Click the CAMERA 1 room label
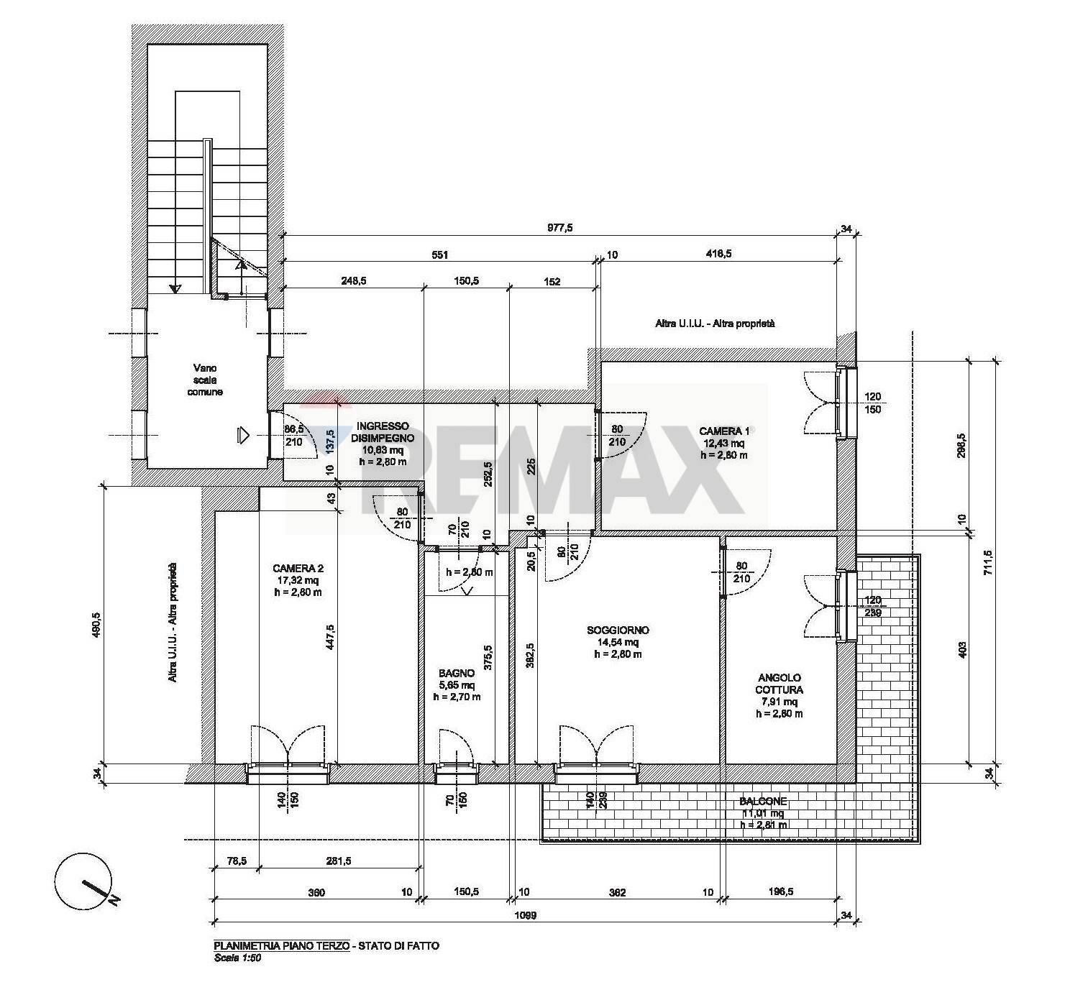pyautogui.click(x=724, y=431)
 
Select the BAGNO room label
pyautogui.click(x=457, y=673)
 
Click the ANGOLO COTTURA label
pyautogui.click(x=780, y=684)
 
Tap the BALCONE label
pyautogui.click(x=762, y=802)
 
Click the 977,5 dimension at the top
pyautogui.click(x=558, y=228)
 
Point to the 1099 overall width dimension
pyautogui.click(x=526, y=916)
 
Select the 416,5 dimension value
pyautogui.click(x=716, y=254)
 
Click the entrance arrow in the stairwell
pyautogui.click(x=242, y=434)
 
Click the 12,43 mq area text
pyautogui.click(x=724, y=443)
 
